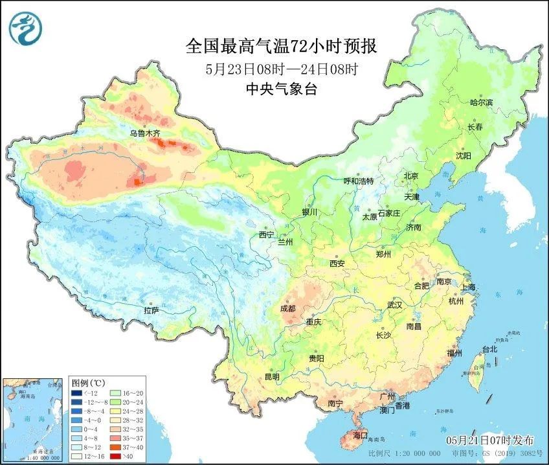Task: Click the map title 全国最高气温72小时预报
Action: [281, 46]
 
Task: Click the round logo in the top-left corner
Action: [25, 29]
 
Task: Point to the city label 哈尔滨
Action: [481, 103]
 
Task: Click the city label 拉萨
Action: [151, 310]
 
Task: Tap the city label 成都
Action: [289, 309]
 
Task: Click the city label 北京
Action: [412, 176]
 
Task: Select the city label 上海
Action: [467, 287]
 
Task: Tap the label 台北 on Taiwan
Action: [489, 349]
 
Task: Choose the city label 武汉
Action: [394, 304]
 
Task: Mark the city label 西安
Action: [337, 264]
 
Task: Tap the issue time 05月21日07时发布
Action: [493, 440]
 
